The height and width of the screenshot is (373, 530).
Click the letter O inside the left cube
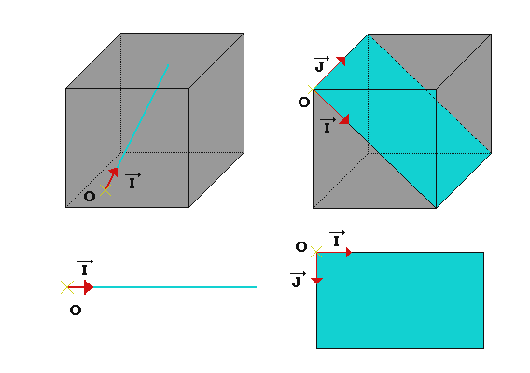point(90,197)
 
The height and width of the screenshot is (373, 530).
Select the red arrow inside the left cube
point(112,178)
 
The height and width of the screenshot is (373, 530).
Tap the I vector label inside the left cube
point(132,181)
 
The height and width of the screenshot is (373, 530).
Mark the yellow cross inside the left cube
point(105,190)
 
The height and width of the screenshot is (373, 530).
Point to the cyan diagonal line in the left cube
point(143,116)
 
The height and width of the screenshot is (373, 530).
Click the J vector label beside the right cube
point(321,63)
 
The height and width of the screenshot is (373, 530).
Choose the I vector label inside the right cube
point(328,126)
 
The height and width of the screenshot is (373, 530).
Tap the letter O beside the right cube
point(304,102)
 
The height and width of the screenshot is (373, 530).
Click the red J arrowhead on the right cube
point(342,61)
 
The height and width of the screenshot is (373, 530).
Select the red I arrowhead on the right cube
point(344,119)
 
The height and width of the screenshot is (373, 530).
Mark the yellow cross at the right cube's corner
point(313,90)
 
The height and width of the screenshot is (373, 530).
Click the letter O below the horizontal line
point(76,311)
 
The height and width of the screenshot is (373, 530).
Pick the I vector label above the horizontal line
point(85,268)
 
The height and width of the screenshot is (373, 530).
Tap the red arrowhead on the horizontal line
point(89,287)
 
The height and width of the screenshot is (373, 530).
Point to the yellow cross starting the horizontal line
point(67,287)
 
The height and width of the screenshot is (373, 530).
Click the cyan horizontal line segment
point(174,287)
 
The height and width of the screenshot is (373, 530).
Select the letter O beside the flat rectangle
point(301,246)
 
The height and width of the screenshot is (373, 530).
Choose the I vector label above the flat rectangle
point(337,239)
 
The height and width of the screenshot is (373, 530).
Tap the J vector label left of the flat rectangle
point(299,280)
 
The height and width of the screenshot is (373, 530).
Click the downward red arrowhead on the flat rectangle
point(316,281)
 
